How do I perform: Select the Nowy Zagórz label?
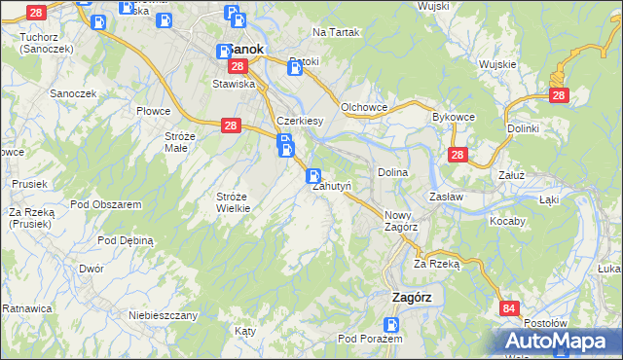(401, 220)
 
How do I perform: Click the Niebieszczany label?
(164, 315)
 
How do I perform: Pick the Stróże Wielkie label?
(234, 201)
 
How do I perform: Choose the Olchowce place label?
(365, 108)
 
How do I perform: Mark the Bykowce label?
(452, 116)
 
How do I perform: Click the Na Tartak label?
(337, 32)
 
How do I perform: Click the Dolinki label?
(523, 127)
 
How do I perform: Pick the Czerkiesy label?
(299, 121)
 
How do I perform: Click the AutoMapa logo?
(561, 341)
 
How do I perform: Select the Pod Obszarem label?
(106, 204)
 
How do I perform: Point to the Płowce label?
(153, 111)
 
